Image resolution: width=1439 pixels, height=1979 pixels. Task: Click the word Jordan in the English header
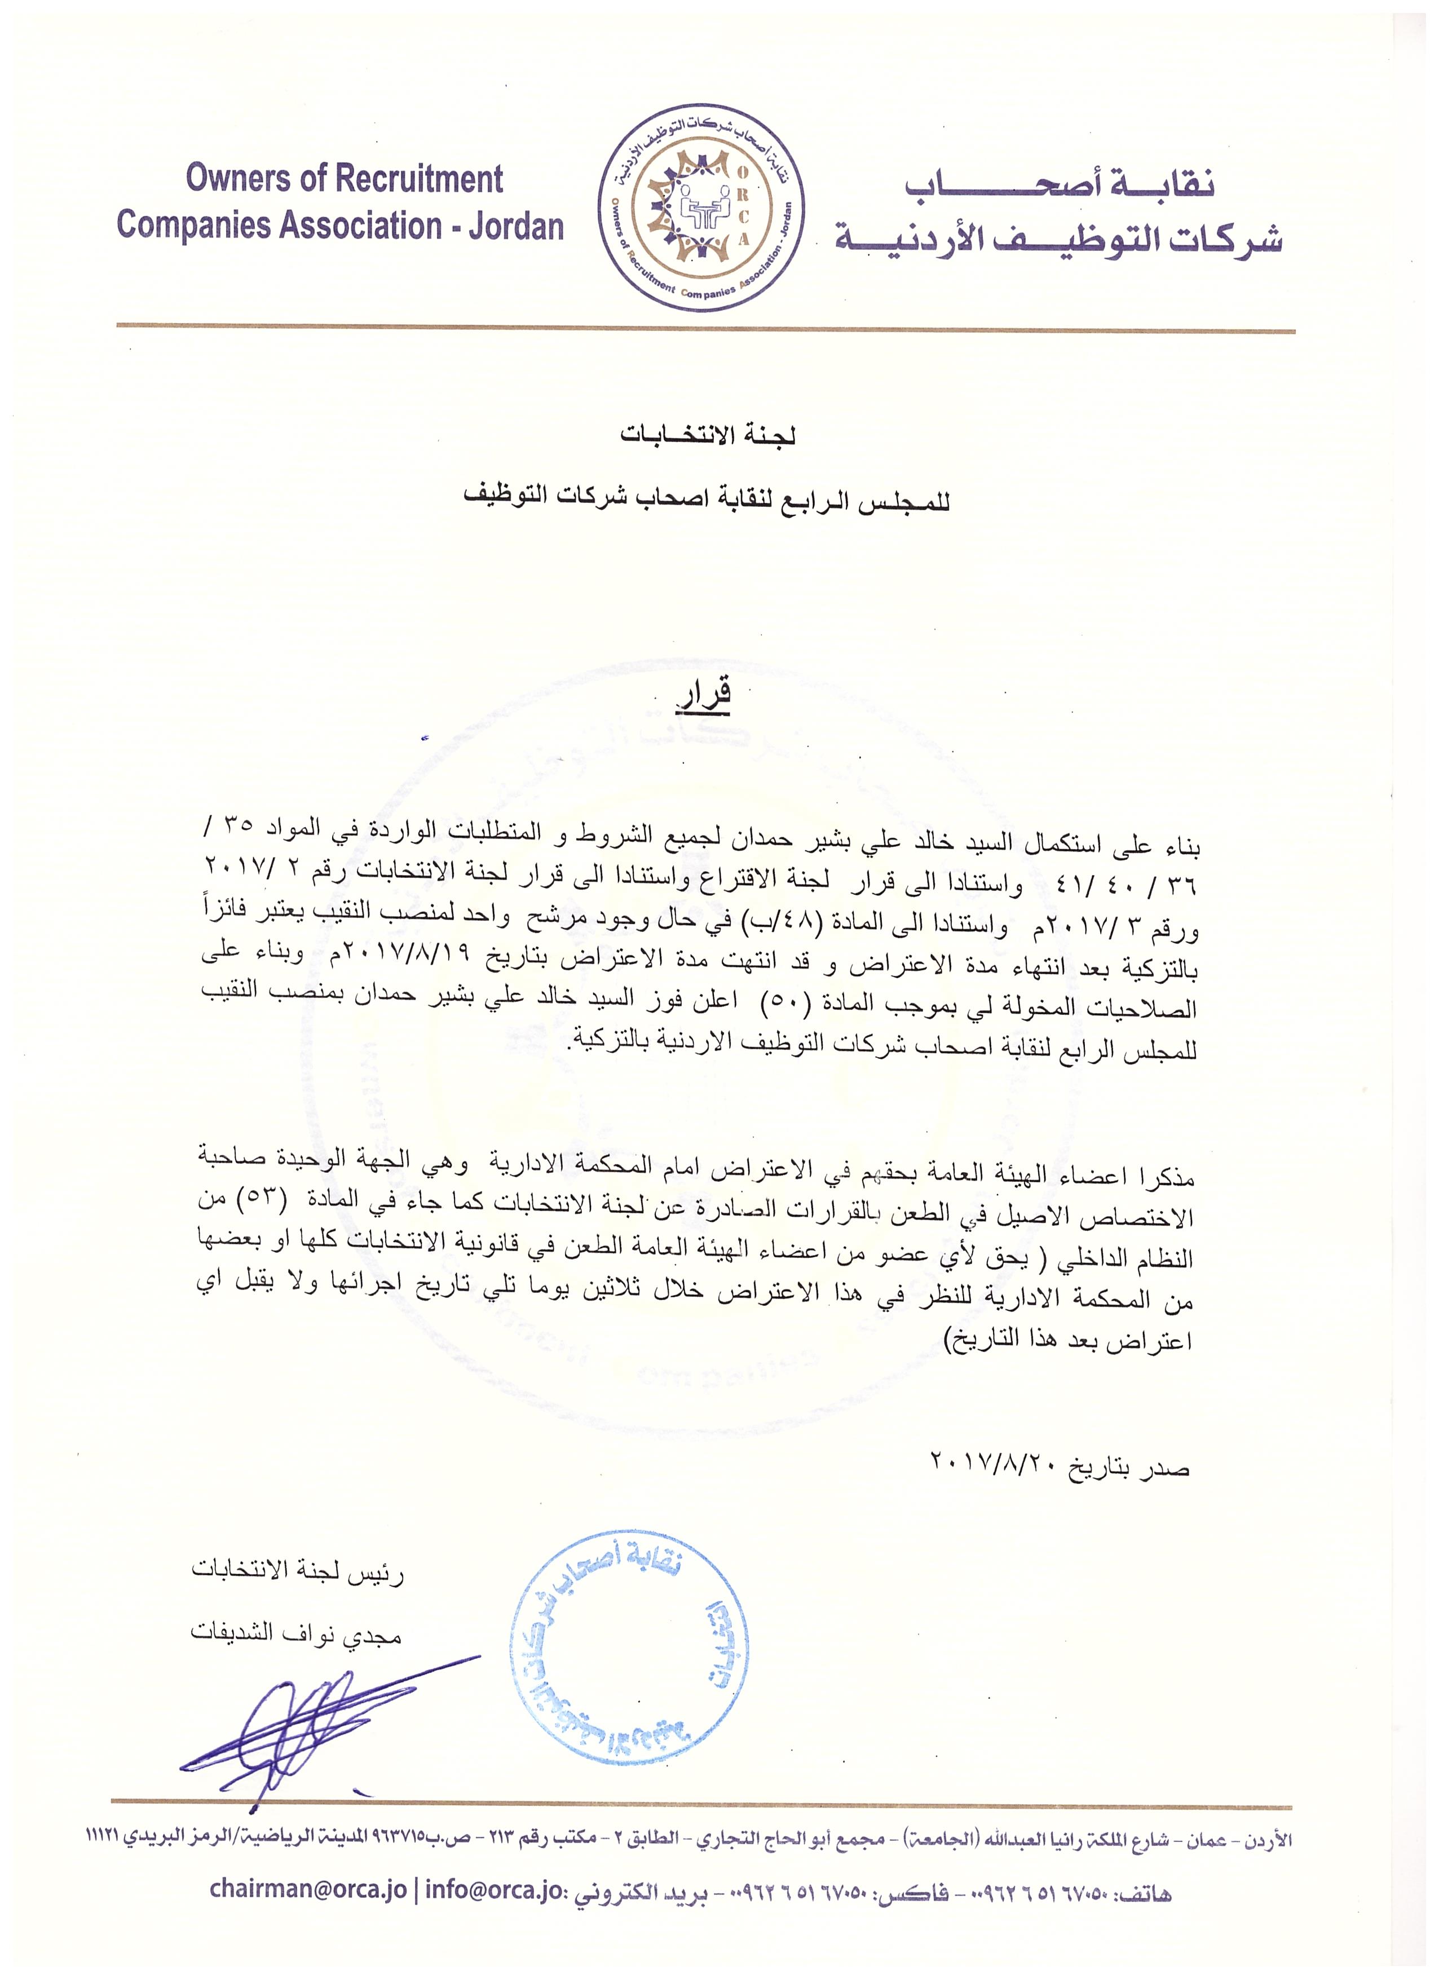tap(516, 227)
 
